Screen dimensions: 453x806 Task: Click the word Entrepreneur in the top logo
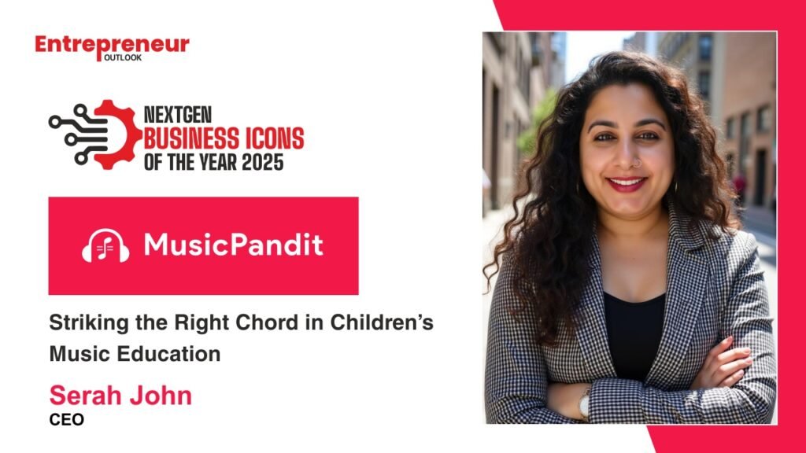[112, 45]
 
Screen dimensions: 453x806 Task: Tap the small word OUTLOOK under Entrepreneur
[122, 57]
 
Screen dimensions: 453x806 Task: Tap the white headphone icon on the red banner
[105, 246]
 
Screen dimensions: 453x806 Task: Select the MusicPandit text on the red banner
[233, 245]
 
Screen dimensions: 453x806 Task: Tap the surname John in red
[162, 395]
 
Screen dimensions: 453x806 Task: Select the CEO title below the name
[66, 419]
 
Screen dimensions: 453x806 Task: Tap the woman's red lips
[627, 184]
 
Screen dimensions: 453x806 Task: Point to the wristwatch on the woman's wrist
[584, 403]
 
